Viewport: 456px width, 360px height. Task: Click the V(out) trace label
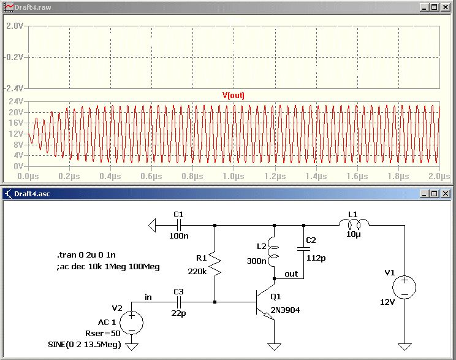pos(234,95)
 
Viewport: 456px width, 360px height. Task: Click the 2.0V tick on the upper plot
pos(13,26)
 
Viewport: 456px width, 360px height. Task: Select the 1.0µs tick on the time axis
pos(234,177)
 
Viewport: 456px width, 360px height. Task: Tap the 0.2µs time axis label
pos(69,177)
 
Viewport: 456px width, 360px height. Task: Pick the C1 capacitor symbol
pos(178,226)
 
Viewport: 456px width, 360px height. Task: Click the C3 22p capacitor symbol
pos(178,302)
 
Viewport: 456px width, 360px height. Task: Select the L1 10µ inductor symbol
pos(352,226)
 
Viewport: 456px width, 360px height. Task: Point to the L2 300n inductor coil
pos(274,251)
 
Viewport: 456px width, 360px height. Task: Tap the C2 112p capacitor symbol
pos(305,249)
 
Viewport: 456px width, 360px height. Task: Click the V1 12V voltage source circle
pos(405,288)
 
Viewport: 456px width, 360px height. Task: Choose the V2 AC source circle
pos(131,322)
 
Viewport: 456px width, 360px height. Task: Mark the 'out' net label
pos(291,274)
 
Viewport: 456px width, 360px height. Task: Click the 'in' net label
pos(148,297)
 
